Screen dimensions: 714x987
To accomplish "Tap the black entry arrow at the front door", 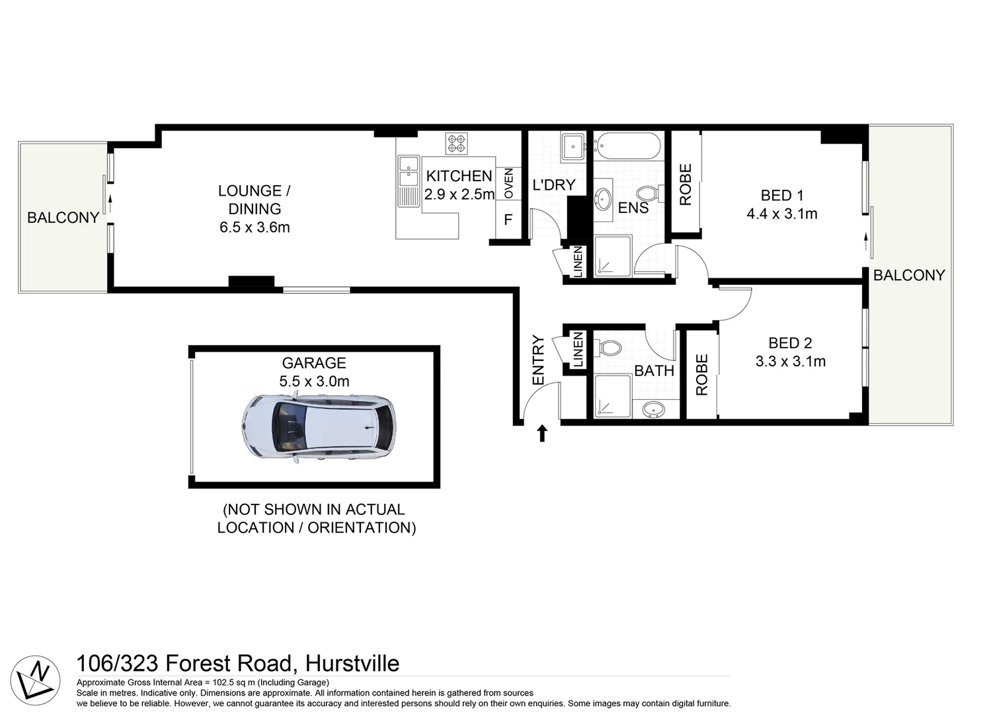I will (542, 433).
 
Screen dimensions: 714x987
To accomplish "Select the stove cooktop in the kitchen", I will (456, 143).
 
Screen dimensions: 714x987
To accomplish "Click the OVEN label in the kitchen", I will (508, 183).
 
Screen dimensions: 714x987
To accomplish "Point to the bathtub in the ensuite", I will (627, 146).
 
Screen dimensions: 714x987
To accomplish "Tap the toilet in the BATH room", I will (609, 348).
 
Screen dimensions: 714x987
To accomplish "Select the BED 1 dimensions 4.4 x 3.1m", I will (781, 214).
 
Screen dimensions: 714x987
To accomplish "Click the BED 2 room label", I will (790, 342).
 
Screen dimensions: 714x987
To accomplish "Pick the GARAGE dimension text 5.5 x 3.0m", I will (314, 381).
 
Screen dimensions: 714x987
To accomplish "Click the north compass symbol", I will (36, 680).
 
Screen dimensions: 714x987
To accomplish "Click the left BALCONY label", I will (63, 218).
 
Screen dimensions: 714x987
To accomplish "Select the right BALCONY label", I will (909, 275).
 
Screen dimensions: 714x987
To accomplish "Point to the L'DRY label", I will (554, 185).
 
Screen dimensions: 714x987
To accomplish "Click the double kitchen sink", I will (408, 170).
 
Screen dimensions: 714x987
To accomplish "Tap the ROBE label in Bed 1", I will (686, 184).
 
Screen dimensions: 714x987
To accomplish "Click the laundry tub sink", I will (572, 147).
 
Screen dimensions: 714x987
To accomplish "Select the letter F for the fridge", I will (508, 219).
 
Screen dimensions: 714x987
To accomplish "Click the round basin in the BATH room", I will (653, 410).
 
